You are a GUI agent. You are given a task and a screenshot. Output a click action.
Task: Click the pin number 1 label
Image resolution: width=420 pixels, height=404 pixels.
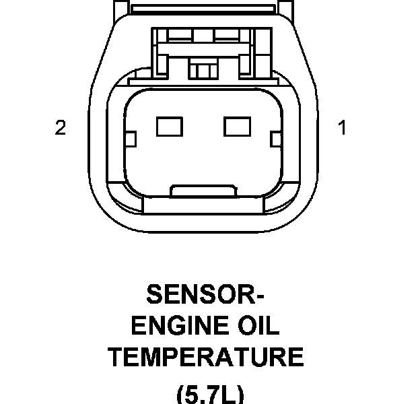342,128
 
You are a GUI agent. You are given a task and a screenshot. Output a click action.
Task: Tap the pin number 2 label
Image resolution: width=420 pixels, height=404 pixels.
61,128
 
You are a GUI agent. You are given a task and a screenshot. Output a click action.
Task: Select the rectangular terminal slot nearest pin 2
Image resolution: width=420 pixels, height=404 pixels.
165,125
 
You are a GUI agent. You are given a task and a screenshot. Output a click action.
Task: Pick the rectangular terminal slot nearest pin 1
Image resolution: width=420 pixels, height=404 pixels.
236,125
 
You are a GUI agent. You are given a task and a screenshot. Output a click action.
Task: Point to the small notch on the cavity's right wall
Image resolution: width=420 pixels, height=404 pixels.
275,139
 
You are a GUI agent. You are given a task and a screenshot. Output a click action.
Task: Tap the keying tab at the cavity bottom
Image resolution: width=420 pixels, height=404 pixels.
203,191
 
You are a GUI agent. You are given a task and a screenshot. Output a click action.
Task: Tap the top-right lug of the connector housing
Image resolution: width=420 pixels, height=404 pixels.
286,7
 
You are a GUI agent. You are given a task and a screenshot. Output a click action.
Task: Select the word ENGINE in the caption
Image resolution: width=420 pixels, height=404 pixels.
174,327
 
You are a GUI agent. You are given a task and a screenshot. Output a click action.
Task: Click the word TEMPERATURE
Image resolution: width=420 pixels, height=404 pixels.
206,357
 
